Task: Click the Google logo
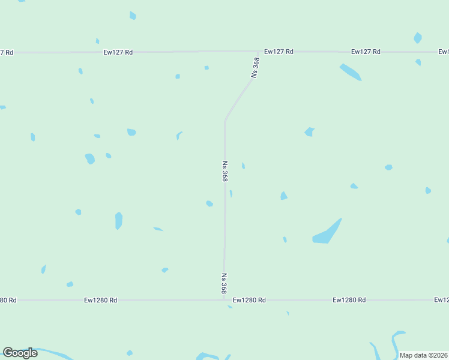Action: [20, 353]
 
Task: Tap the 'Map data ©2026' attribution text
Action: [423, 355]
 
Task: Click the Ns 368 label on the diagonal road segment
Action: [256, 67]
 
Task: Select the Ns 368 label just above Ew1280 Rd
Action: [224, 284]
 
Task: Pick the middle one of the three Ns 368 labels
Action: [225, 171]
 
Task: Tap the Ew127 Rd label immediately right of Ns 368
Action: [279, 52]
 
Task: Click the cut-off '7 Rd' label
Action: [7, 53]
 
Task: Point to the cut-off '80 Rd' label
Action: [8, 300]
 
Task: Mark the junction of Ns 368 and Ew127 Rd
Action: [259, 52]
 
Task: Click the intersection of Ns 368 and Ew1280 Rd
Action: [224, 299]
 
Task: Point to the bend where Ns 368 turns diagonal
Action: [225, 120]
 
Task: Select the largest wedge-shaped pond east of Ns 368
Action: [327, 233]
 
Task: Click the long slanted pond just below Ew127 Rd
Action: [350, 72]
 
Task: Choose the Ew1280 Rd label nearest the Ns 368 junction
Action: [249, 299]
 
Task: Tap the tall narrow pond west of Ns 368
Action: [119, 220]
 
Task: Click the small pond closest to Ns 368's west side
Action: [209, 204]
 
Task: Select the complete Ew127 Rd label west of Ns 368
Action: [118, 53]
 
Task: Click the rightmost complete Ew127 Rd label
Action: [366, 52]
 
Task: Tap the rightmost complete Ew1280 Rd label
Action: [349, 299]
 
